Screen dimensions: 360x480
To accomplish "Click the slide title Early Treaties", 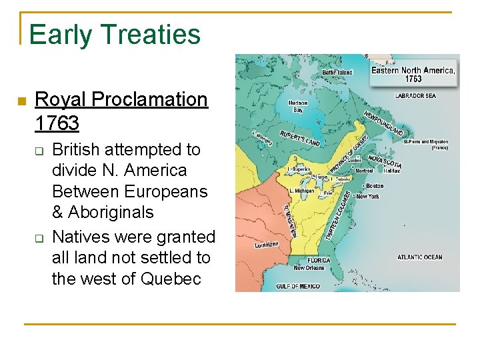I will coord(115,35).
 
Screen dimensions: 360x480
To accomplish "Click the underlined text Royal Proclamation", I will coord(121,99).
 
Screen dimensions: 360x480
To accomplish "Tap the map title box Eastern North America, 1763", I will coord(413,74).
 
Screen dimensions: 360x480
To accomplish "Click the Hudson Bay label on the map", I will coord(298,107).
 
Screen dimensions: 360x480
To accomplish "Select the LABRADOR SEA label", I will coord(415,96).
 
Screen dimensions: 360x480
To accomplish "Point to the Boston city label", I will coord(373,186).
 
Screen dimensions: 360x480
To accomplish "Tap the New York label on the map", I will coord(367,197).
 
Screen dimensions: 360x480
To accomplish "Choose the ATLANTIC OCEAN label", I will coord(419,257).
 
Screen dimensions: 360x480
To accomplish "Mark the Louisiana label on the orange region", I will coord(266,245).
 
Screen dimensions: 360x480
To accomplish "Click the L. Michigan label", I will coord(301,191).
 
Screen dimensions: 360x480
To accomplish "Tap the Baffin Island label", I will coord(337,72).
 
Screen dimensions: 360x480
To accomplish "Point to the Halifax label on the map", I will coord(392,171).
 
